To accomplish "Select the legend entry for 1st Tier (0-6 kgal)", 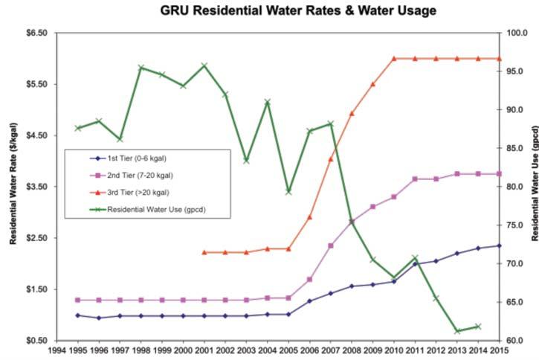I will pos(138,158).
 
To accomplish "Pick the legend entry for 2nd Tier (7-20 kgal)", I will pos(141,175).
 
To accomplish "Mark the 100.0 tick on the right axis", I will pos(515,33).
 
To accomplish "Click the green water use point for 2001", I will pos(204,65).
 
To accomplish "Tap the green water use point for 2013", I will pos(457,331).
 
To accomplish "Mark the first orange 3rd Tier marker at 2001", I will pos(204,252).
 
